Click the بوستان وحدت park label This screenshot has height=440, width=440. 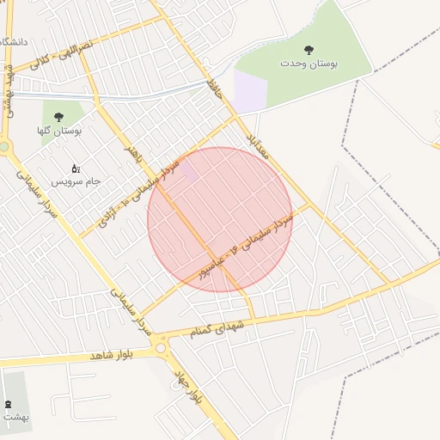pyautogui.click(x=309, y=64)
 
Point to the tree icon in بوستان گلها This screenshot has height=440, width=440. pyautogui.click(x=58, y=117)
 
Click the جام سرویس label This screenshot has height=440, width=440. pyautogui.click(x=76, y=182)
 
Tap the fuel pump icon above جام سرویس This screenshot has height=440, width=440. pyautogui.click(x=75, y=168)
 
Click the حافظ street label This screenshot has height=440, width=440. pyautogui.click(x=215, y=89)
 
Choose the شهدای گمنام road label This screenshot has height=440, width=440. pyautogui.click(x=226, y=328)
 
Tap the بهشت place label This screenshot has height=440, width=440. pyautogui.click(x=15, y=417)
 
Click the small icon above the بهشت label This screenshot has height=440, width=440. pyautogui.click(x=9, y=404)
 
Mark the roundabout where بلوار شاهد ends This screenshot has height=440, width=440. pyautogui.click(x=161, y=347)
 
